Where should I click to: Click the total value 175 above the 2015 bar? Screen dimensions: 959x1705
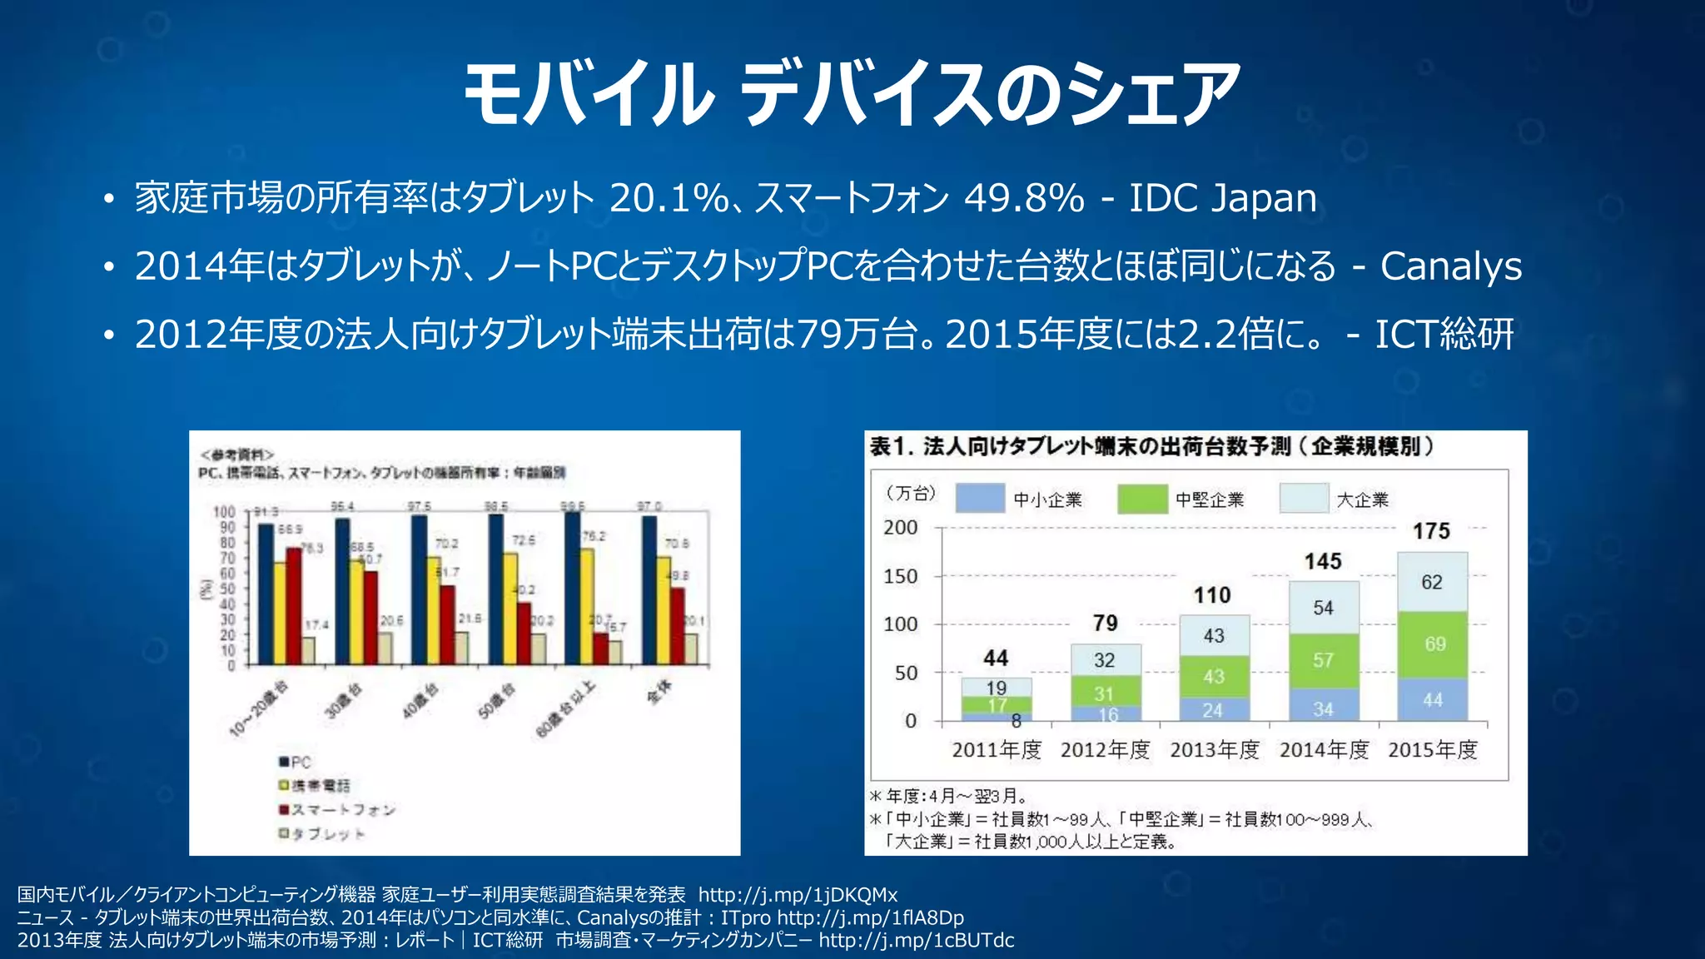click(x=1431, y=531)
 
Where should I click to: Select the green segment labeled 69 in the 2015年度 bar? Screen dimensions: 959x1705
click(x=1432, y=644)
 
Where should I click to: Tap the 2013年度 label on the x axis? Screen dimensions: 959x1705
click(x=1214, y=750)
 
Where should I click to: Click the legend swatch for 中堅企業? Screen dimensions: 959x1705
click(x=1142, y=499)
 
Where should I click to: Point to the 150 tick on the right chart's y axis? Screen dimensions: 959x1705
click(x=901, y=576)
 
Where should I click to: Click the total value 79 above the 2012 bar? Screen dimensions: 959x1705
click(x=1105, y=623)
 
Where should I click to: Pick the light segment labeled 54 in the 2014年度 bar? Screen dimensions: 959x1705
click(x=1323, y=608)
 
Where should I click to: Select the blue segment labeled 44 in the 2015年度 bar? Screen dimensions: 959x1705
click(x=1432, y=700)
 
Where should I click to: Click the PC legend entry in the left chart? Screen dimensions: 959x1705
click(x=296, y=762)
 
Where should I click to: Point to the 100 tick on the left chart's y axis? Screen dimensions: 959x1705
click(x=224, y=512)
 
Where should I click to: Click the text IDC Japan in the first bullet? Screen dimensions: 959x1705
click(x=1222, y=198)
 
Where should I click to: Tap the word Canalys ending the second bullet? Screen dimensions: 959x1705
click(x=1450, y=266)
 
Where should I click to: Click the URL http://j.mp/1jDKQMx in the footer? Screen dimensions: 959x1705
click(x=798, y=895)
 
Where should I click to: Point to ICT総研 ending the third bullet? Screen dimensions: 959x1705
click(x=1444, y=335)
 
